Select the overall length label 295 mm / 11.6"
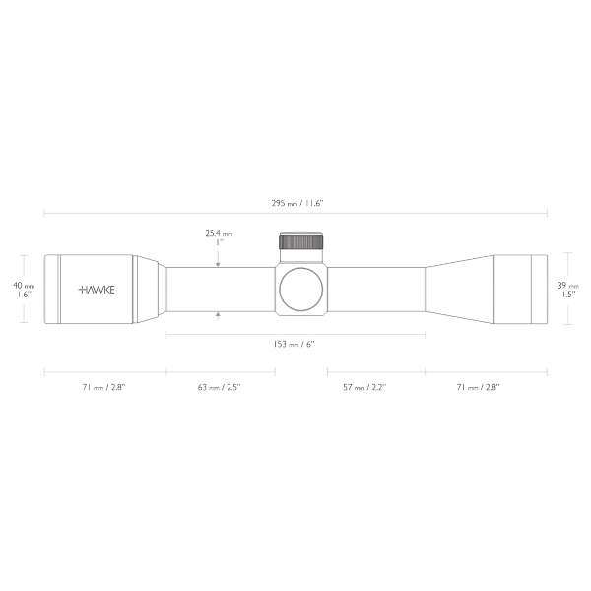coord(296,202)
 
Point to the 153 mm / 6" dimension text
coord(296,345)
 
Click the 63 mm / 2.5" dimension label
coord(219,388)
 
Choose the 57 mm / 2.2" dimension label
coord(363,388)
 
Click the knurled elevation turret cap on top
coord(301,242)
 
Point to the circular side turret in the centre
coord(300,289)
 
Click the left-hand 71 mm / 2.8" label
coord(104,388)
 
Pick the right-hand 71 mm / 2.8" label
coord(479,388)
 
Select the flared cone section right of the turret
coord(458,289)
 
